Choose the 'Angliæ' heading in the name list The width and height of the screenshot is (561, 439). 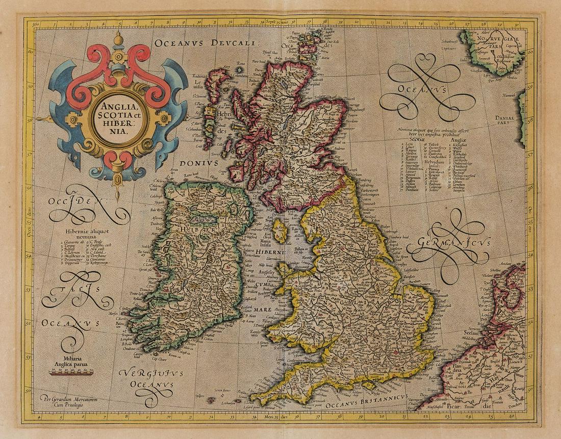coord(460,139)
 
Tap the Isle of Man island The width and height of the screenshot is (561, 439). coord(279,231)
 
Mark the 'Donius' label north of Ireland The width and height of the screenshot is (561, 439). coord(201,163)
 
